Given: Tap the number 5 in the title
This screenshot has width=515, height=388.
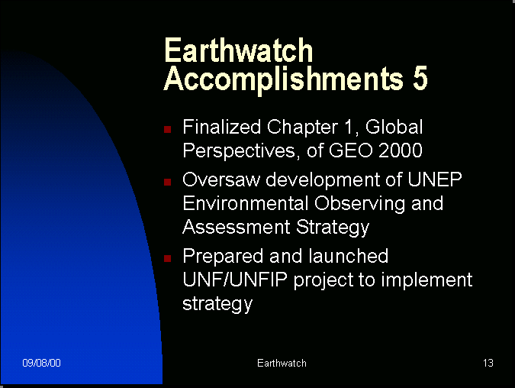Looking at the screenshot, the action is click(x=420, y=78).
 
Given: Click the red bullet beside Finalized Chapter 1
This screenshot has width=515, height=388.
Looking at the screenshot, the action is click(x=168, y=129).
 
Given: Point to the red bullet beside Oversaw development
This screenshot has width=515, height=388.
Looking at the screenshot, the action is click(x=168, y=182).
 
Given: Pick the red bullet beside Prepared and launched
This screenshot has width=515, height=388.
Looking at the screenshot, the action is click(x=168, y=258).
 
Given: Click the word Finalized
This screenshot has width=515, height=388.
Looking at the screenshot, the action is click(x=222, y=127).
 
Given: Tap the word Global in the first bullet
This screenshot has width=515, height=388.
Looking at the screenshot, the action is click(x=394, y=127).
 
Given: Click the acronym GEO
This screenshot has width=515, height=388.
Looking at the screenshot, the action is click(x=351, y=150).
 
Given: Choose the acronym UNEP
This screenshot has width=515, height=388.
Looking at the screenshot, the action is click(x=435, y=179).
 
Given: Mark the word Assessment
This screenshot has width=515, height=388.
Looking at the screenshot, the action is click(x=237, y=227).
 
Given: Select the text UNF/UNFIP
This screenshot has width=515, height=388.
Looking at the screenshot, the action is click(x=235, y=280).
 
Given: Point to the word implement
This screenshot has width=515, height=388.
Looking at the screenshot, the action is click(x=426, y=281).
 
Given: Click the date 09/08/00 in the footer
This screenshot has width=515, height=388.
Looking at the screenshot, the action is click(x=41, y=363).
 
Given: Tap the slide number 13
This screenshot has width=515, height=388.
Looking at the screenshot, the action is click(x=488, y=363).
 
